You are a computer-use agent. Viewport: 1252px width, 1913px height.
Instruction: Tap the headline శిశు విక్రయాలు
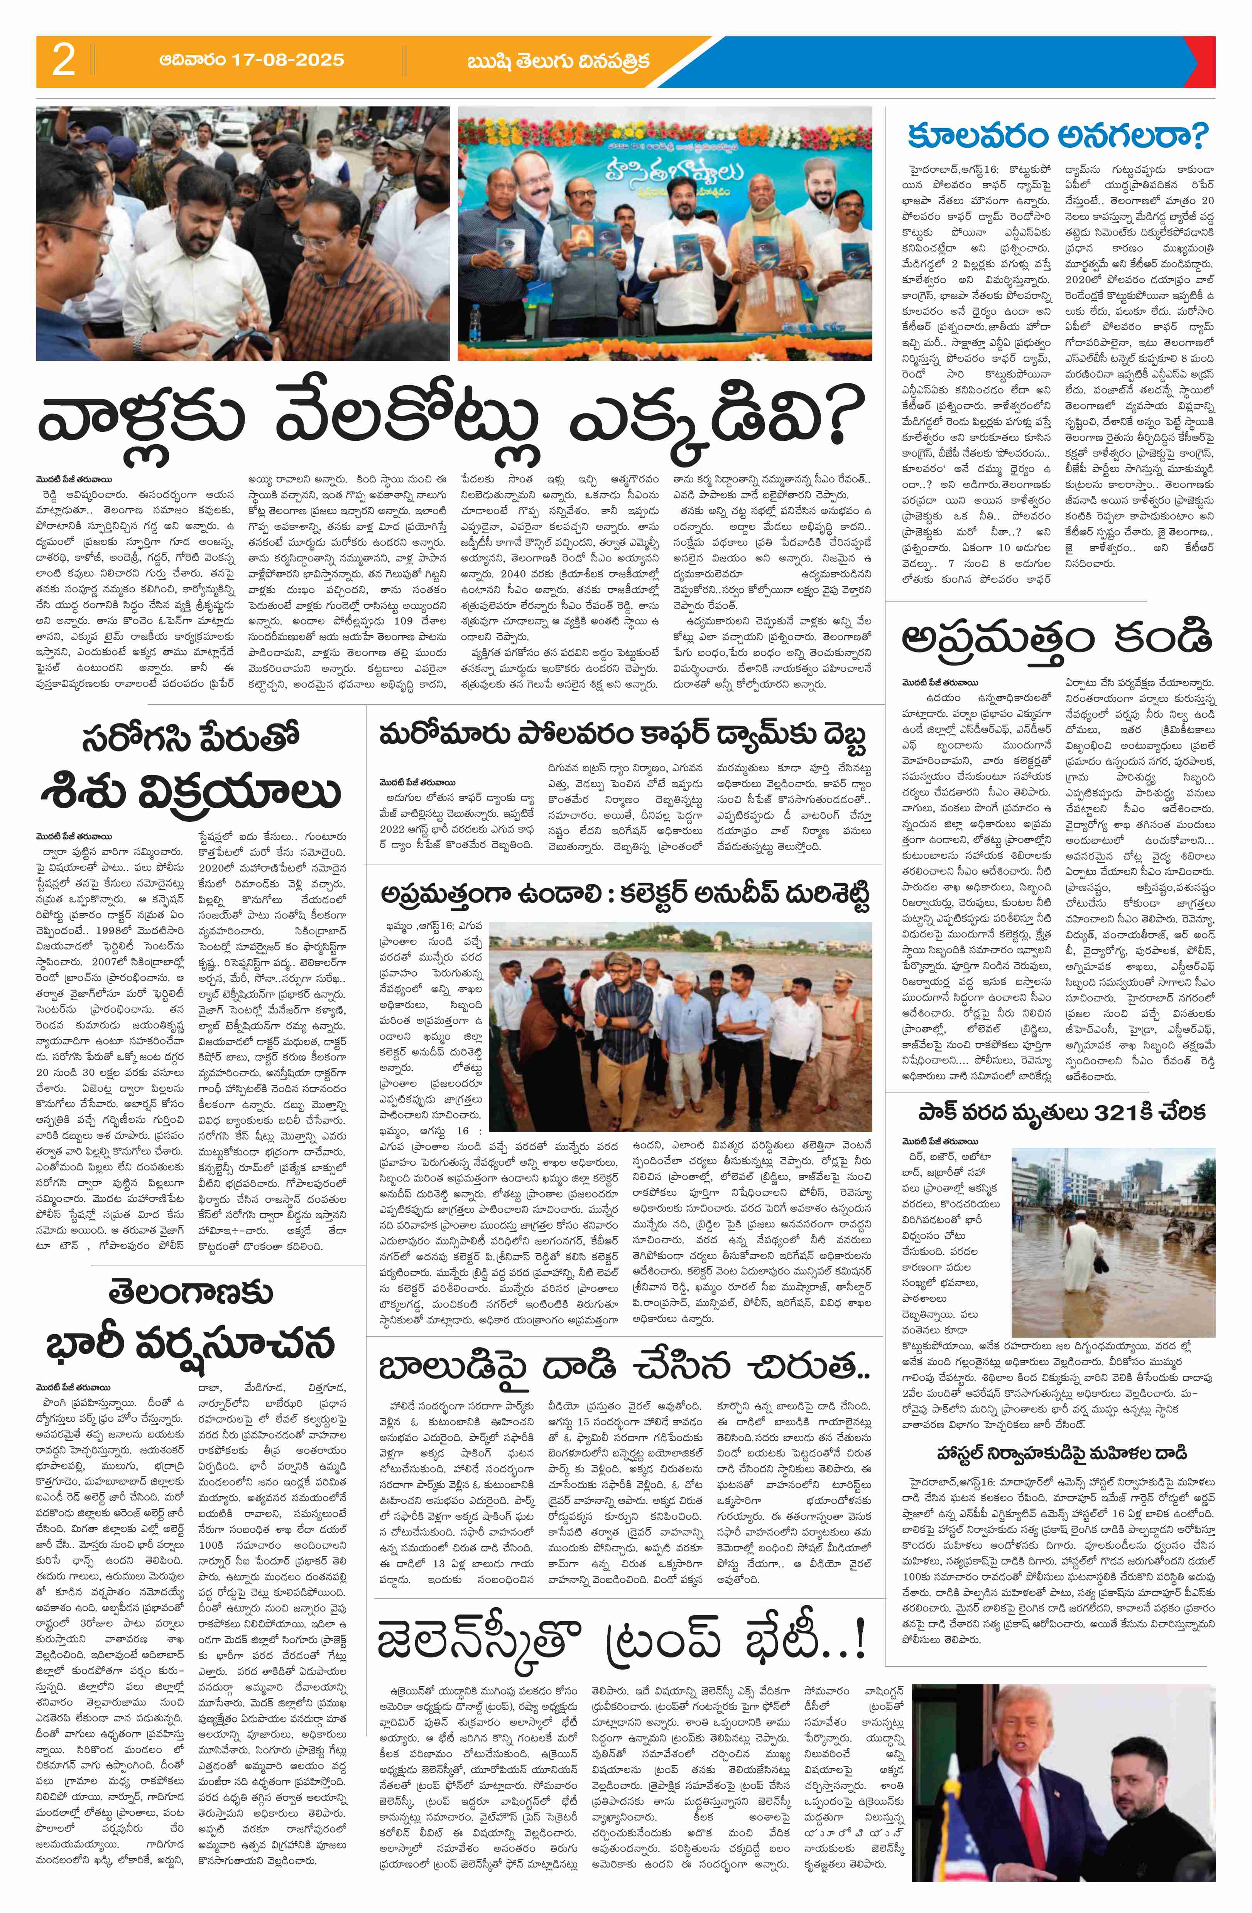(191, 792)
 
